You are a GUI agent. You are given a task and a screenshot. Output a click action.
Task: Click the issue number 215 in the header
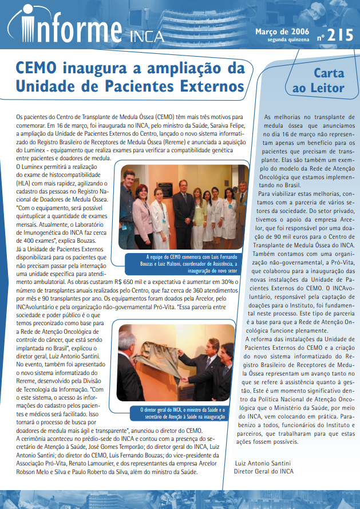click(342, 35)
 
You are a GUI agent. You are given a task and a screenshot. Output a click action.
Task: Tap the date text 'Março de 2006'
click(283, 31)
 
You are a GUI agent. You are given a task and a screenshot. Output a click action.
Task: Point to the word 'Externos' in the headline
click(210, 87)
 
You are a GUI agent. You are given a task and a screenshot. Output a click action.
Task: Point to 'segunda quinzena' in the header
click(288, 40)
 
